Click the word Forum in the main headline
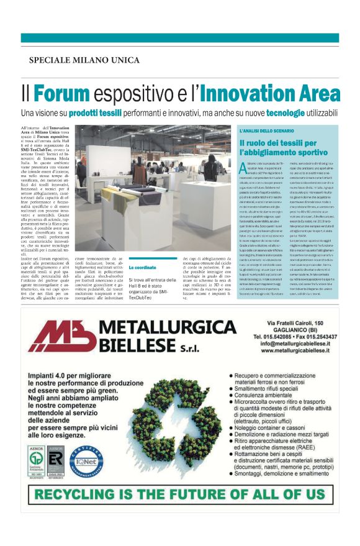(x=62, y=93)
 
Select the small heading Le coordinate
(x=143, y=267)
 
